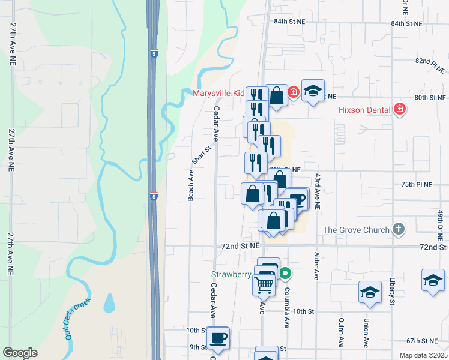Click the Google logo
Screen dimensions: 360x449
click(20, 353)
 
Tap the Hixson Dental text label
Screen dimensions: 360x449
click(365, 109)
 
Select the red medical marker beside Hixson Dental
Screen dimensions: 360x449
click(400, 109)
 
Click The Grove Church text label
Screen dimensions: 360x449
click(357, 230)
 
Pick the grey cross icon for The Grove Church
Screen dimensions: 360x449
click(397, 229)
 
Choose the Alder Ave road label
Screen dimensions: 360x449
click(316, 266)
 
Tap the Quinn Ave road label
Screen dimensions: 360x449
click(340, 333)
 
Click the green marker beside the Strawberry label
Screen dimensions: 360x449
click(286, 274)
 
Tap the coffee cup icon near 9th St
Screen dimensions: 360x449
click(217, 337)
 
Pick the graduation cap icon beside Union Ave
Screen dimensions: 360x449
click(370, 293)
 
